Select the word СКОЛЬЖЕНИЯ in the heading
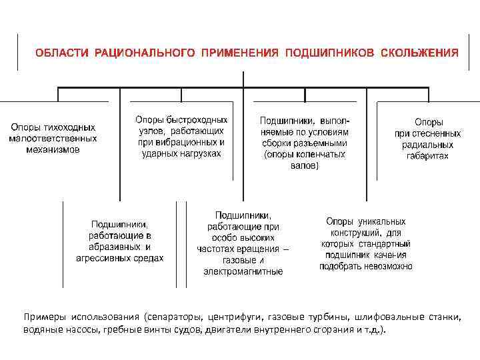419,52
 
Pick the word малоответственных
53,139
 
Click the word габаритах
427,156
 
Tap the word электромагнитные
243,271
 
